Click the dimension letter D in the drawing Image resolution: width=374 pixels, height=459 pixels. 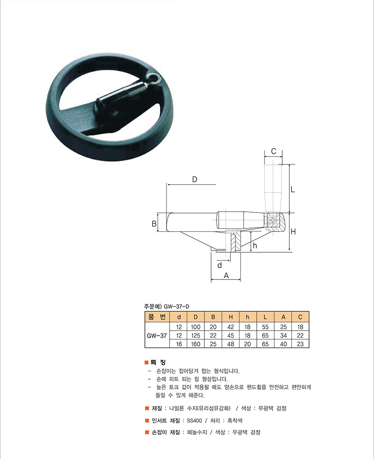[195, 179]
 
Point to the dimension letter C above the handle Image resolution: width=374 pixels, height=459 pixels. [273, 151]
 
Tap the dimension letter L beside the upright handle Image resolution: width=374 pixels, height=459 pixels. [292, 190]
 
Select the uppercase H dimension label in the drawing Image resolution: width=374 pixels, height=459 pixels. [293, 232]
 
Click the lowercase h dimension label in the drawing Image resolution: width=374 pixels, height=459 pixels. [255, 245]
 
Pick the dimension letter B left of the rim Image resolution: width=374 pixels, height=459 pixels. [154, 224]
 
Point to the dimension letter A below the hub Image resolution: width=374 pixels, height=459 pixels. [226, 275]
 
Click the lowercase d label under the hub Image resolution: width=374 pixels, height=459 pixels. [219, 265]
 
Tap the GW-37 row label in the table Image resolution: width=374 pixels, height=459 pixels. [157, 336]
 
